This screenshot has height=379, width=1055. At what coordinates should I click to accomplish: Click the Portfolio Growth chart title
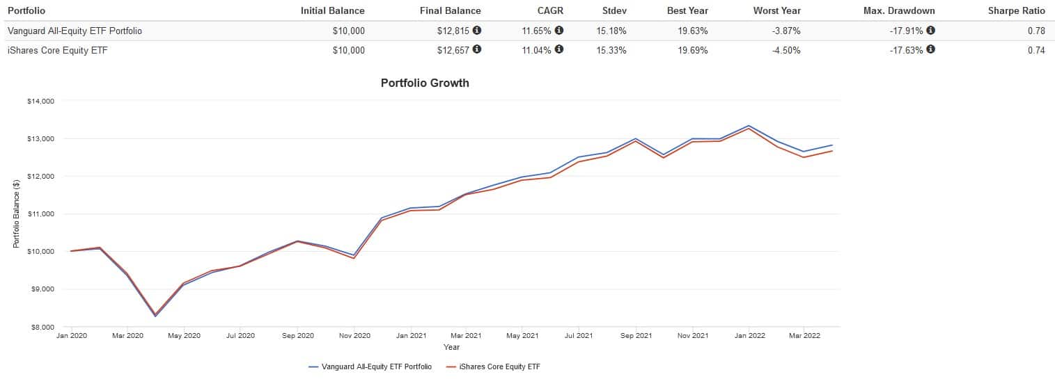[425, 83]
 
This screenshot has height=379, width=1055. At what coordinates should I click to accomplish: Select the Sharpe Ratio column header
[1017, 10]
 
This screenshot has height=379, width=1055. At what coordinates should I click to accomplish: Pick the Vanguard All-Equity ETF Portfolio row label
[75, 31]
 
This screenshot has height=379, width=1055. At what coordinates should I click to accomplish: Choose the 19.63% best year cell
[693, 31]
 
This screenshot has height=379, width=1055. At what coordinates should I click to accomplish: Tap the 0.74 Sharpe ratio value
[1036, 50]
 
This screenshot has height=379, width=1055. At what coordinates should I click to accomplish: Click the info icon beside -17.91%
[930, 31]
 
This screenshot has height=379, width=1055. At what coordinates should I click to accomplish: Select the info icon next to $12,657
[476, 50]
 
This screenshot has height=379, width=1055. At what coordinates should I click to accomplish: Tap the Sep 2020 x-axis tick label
[297, 335]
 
